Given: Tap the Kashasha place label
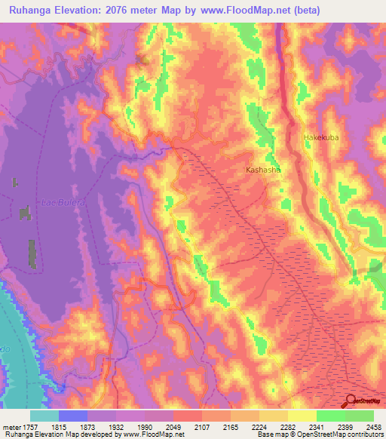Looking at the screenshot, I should pyautogui.click(x=263, y=170).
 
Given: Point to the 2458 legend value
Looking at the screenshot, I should pyautogui.click(x=364, y=426).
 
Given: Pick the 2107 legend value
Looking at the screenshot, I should pyautogui.click(x=201, y=426).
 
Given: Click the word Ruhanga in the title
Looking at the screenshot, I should pyautogui.click(x=29, y=10).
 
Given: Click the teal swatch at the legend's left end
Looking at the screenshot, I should pyautogui.click(x=44, y=416).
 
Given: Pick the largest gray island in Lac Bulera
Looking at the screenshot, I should pyautogui.click(x=32, y=253).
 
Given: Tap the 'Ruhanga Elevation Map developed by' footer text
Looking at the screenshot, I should pyautogui.click(x=57, y=434).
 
